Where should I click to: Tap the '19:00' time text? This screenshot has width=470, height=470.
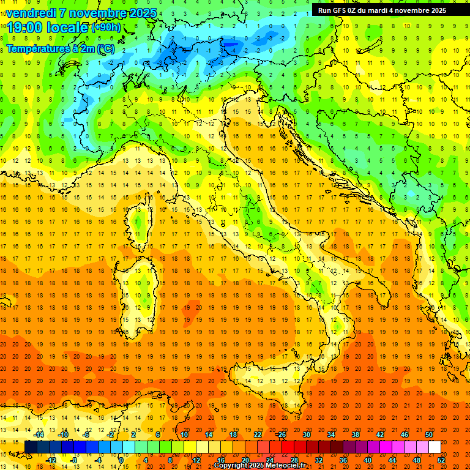pos(25,28)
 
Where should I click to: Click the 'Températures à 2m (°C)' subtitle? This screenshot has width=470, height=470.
pos(60,48)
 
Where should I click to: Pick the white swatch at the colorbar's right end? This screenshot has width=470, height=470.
pos(435,447)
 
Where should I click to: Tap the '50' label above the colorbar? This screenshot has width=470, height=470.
pos(428,435)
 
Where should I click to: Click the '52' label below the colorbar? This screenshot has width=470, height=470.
pos(442,460)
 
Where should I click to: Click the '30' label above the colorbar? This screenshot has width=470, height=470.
pos(306,435)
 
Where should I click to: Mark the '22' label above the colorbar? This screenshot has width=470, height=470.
pos(257,435)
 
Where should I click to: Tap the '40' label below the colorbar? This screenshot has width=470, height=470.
pos(368,460)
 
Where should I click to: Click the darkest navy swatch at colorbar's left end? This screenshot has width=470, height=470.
pos(31,447)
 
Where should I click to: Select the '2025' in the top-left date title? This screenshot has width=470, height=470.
pos(141,13)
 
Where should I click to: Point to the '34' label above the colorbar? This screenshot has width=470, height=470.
pos(330,435)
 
